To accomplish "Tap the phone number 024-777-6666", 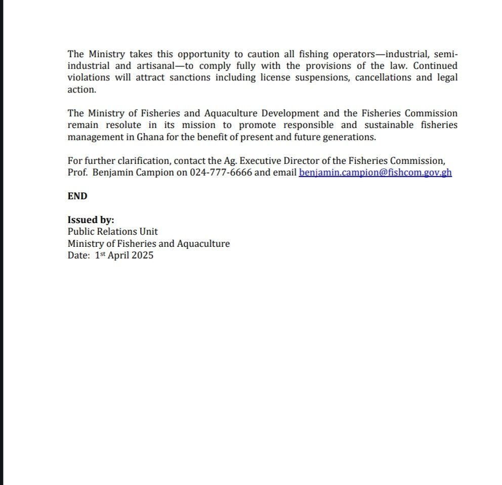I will coord(221,172).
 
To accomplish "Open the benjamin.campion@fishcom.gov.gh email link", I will coord(375,172).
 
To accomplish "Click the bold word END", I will coord(77,196).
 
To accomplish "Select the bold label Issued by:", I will coord(91,220).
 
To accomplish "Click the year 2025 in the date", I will coord(142,255).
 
